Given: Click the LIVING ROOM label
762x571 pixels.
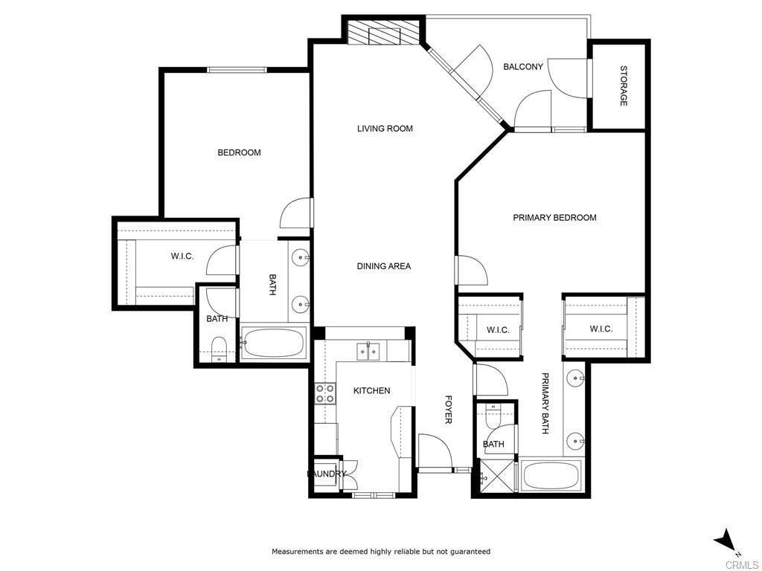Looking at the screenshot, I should tap(385, 129).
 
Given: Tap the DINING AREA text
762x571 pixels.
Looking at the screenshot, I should tap(383, 266).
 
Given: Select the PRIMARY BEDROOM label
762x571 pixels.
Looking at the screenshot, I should tap(554, 218).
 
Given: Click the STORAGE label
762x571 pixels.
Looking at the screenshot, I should tap(623, 86).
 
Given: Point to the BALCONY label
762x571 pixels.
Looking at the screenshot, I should tap(523, 67).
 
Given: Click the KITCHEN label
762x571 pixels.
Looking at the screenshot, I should tap(371, 391).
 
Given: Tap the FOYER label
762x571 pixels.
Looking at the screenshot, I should tap(448, 410).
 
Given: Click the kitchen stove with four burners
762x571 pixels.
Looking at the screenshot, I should tap(324, 393).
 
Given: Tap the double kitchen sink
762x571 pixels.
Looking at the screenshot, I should tap(370, 350).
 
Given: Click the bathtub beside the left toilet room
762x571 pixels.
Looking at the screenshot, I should tap(273, 343).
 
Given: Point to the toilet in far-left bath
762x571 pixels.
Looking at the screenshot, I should tap(219, 348).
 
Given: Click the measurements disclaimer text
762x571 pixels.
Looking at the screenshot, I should tap(380, 552).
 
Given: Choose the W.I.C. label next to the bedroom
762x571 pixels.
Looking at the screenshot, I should tap(182, 257).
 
